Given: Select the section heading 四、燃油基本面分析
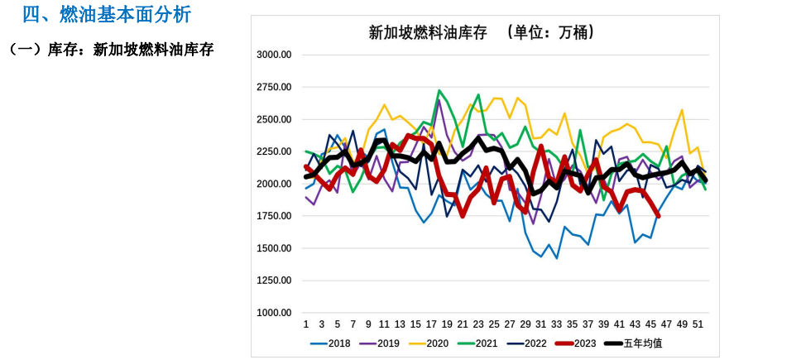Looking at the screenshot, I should click(107, 14).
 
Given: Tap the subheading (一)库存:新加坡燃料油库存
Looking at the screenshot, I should click(111, 50).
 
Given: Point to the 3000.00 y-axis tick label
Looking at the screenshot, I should click(274, 55).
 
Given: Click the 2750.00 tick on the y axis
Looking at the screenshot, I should click(274, 87).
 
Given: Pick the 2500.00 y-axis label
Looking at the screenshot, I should click(274, 119).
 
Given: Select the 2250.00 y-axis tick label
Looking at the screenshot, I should click(274, 151).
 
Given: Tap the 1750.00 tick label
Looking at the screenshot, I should click(274, 216).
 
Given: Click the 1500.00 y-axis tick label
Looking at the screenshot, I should click(274, 248).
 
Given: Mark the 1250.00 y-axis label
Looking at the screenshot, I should click(274, 281).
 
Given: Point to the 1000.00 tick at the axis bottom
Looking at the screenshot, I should click(274, 313).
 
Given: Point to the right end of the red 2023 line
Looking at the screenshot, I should click(659, 216).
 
